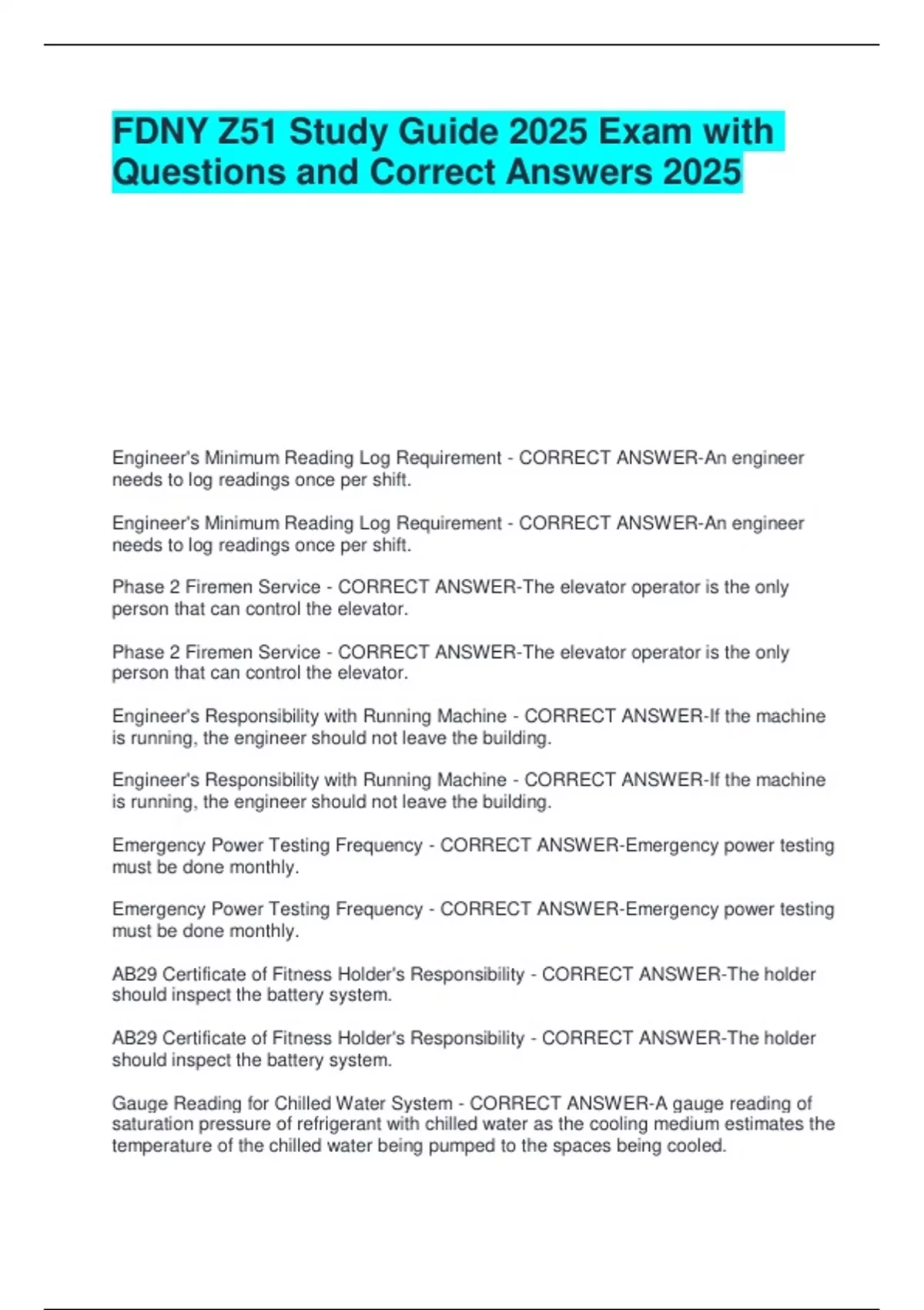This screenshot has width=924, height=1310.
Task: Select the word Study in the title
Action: [339, 132]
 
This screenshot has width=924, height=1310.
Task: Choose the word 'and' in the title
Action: [327, 172]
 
